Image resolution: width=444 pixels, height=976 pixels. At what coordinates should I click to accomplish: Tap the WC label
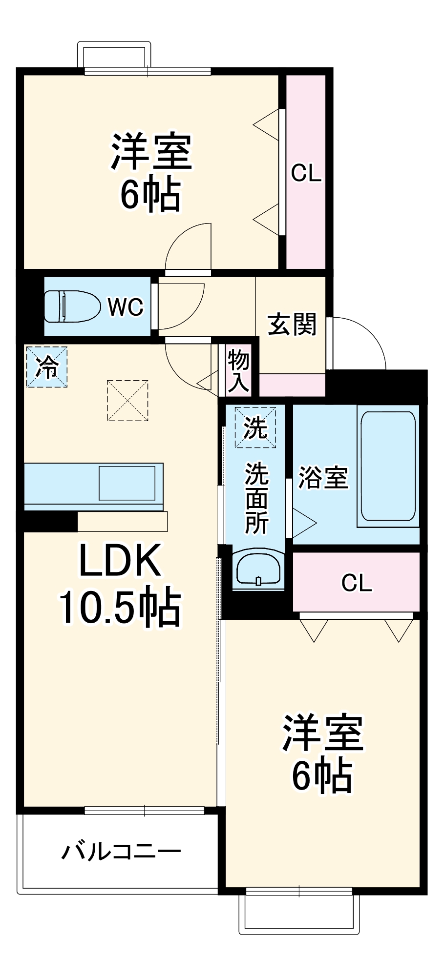pos(126,307)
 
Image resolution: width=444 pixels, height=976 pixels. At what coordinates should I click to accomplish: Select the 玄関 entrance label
pos(292,324)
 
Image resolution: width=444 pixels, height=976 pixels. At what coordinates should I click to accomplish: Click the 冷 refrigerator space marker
pos(46,366)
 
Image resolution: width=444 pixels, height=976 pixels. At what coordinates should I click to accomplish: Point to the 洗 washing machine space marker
pos(255,427)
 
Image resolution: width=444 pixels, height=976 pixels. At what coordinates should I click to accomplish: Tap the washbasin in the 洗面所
pos(258,569)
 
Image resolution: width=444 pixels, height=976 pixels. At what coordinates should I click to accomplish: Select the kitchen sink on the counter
pos(127,483)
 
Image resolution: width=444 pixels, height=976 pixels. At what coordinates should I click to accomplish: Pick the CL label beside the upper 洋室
pos(306,173)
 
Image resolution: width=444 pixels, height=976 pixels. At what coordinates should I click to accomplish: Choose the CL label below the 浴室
pos(356,583)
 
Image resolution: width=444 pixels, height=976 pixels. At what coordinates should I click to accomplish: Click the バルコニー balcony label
pos(121,852)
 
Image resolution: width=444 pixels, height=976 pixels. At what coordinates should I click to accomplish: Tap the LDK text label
pos(120,561)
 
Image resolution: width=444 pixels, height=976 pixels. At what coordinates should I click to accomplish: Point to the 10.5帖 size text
pos(120,608)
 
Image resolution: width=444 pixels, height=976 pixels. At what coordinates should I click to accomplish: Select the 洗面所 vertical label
pos(256,498)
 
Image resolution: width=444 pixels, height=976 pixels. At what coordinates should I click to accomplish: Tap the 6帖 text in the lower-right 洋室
pos(322,775)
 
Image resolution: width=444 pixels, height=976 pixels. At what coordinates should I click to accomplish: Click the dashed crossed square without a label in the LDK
pos(127,401)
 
